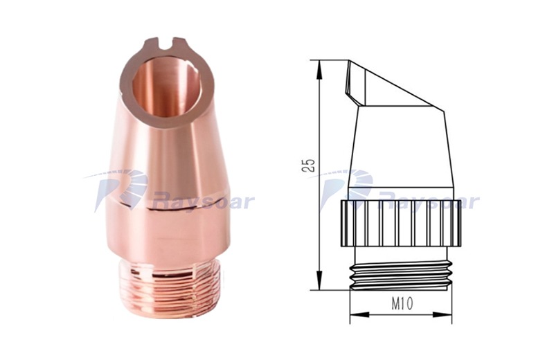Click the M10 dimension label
pyautogui.click(x=402, y=303)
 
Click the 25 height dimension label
pyautogui.click(x=308, y=165)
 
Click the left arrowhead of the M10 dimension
pyautogui.click(x=359, y=314)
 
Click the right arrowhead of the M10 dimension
pyautogui.click(x=442, y=314)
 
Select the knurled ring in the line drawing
pyautogui.click(x=401, y=223)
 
